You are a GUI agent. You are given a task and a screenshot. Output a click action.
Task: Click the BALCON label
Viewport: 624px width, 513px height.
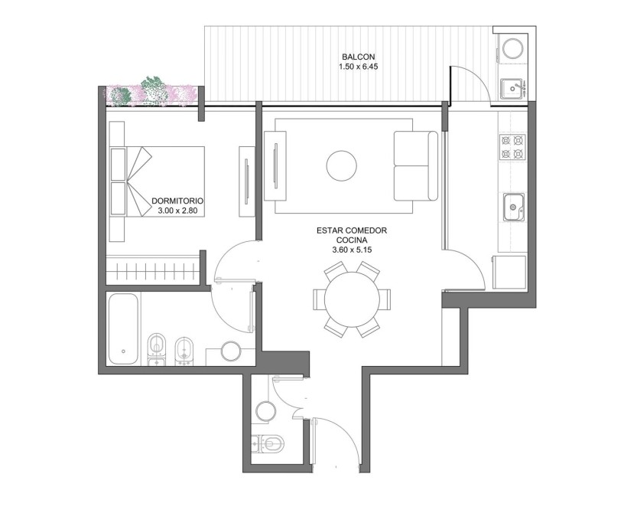358,57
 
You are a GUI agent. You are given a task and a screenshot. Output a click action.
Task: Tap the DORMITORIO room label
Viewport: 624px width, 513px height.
177,201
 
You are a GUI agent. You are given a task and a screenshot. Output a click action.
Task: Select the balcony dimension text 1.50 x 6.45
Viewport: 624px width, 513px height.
358,67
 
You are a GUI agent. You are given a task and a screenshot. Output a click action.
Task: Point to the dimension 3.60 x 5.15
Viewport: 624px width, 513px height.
352,250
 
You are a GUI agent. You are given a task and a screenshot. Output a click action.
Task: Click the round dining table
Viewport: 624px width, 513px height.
353,299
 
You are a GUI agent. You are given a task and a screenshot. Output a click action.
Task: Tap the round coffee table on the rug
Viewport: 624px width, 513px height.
342,166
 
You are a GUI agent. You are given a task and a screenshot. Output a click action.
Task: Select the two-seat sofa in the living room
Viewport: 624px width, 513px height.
416,166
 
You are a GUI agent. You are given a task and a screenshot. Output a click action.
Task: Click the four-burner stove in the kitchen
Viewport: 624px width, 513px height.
512,147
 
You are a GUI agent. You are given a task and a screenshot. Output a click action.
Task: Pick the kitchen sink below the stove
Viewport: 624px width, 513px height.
515,207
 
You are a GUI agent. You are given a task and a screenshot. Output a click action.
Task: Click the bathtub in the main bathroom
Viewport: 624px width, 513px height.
123,328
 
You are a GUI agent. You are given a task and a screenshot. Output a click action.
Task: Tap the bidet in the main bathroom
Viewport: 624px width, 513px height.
184,351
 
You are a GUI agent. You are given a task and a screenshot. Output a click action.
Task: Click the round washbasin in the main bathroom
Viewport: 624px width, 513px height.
231,351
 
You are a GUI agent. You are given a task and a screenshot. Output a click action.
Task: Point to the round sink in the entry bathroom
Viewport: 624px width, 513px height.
266,410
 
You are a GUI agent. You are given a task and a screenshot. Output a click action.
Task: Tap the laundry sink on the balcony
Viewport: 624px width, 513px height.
512,89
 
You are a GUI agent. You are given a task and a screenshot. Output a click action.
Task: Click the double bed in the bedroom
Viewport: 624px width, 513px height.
157,181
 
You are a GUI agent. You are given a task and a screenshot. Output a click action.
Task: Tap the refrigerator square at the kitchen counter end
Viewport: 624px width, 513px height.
509,272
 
